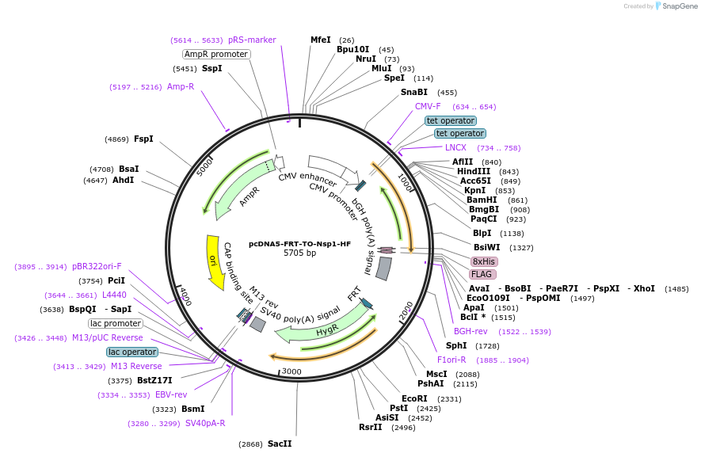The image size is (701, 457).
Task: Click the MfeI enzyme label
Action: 321,40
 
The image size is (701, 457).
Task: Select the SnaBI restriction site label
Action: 413,92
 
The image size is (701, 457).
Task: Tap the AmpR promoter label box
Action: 216,54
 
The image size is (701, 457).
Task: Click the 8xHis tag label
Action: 483,261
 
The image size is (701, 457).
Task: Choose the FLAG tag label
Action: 482,274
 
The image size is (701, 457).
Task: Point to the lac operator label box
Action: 131,352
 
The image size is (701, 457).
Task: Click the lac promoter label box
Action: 116,323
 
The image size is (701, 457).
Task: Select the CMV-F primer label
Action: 428,106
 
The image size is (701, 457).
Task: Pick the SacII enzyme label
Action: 280,444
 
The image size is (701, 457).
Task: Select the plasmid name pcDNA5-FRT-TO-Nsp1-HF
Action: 299,244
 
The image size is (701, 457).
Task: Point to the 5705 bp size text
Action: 299,253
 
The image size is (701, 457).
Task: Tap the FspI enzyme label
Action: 143,139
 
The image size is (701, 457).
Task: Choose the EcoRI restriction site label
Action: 414,398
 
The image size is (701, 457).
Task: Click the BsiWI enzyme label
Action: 486,247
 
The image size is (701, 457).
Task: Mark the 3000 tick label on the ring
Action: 291,371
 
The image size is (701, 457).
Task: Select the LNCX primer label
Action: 455,147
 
